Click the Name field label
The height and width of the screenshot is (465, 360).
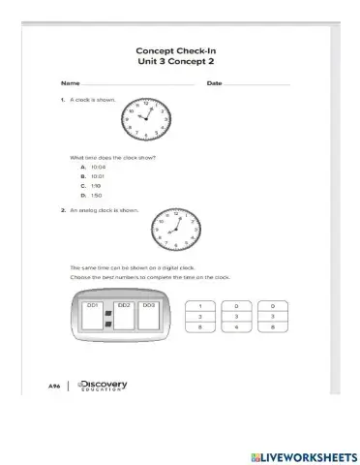click(x=70, y=83)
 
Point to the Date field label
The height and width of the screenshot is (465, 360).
click(x=214, y=83)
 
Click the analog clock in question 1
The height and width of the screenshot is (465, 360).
click(x=148, y=120)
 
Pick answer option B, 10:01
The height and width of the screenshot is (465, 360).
click(x=95, y=176)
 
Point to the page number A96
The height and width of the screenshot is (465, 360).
click(x=55, y=386)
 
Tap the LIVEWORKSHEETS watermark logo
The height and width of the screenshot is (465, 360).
click(x=304, y=454)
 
